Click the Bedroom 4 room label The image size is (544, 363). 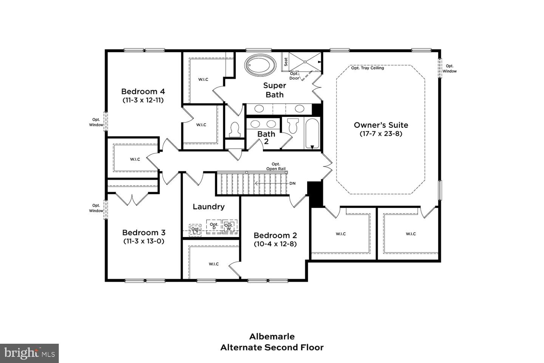143,92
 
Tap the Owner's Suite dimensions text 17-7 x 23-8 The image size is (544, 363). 381,134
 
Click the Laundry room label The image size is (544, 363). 209,206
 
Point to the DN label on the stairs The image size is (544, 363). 292,183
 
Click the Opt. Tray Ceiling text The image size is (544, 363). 367,68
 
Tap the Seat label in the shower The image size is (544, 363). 286,62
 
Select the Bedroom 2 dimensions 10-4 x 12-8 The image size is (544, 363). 275,244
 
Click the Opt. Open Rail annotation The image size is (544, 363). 276,166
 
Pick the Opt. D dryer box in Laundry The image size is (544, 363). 214,226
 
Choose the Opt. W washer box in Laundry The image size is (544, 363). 229,226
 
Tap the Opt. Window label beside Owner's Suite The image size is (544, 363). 450,68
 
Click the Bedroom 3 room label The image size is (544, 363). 144,233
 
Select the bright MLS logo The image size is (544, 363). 29,354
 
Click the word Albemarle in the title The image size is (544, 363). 272,337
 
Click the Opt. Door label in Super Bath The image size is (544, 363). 294,76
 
